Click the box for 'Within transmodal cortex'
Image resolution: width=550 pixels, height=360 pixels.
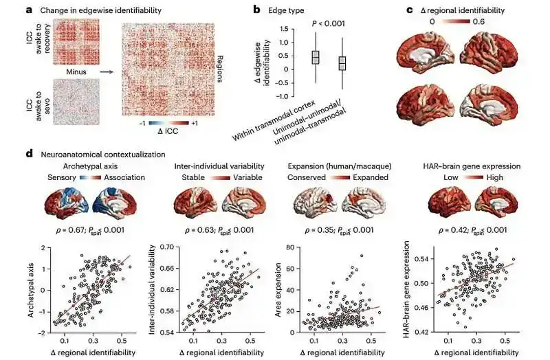point(316,58)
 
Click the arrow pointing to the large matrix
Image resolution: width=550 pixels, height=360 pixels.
point(107,69)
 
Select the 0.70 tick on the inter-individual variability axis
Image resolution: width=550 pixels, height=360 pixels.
point(167,247)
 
